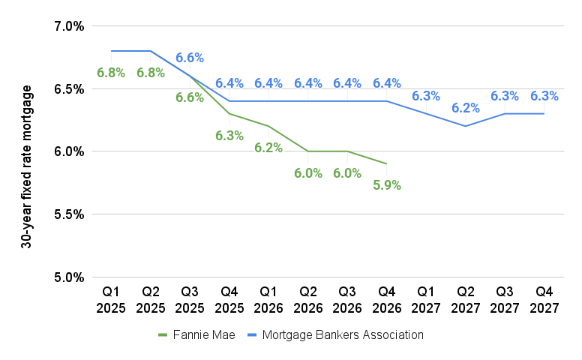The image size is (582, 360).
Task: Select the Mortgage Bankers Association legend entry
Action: click(x=342, y=334)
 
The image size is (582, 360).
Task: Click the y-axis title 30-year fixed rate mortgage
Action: click(x=27, y=166)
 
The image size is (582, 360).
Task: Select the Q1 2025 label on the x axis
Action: click(x=112, y=297)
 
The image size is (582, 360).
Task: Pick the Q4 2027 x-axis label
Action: click(x=544, y=297)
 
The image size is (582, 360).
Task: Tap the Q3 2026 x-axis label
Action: click(x=347, y=297)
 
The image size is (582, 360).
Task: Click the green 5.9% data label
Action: click(x=386, y=184)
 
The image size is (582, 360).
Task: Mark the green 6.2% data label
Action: click(x=268, y=148)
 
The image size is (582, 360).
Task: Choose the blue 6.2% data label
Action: click(x=465, y=108)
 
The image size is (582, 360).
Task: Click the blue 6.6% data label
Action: click(x=190, y=58)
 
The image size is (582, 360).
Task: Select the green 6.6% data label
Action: click(x=190, y=97)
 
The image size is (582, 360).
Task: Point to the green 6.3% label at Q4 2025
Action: click(x=229, y=136)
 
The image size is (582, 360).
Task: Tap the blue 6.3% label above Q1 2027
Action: click(x=426, y=96)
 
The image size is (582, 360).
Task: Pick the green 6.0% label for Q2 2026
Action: click(x=307, y=172)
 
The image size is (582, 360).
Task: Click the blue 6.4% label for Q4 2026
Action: click(x=386, y=83)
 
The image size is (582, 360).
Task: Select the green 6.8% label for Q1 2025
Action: click(x=111, y=73)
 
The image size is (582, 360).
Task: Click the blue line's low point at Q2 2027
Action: click(x=465, y=126)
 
